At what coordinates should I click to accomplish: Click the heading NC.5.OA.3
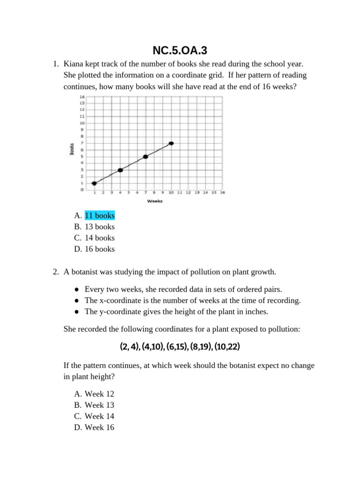tap(180, 50)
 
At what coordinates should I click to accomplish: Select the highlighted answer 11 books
tap(99, 216)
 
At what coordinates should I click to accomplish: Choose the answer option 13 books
tap(99, 227)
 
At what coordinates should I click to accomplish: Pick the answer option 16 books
tap(99, 249)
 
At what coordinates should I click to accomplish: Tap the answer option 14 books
tap(99, 238)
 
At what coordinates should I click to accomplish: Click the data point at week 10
tap(172, 143)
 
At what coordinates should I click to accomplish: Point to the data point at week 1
tap(94, 183)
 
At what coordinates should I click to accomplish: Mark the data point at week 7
tap(146, 157)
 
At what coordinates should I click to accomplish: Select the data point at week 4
tap(120, 170)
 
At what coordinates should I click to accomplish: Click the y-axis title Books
tap(72, 149)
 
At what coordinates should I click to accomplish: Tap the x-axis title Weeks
tap(155, 201)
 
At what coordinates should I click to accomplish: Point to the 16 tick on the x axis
tap(222, 192)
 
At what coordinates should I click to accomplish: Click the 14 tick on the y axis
tap(82, 96)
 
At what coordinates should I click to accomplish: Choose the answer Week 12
tap(99, 394)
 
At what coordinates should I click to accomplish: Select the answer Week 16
tap(99, 427)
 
